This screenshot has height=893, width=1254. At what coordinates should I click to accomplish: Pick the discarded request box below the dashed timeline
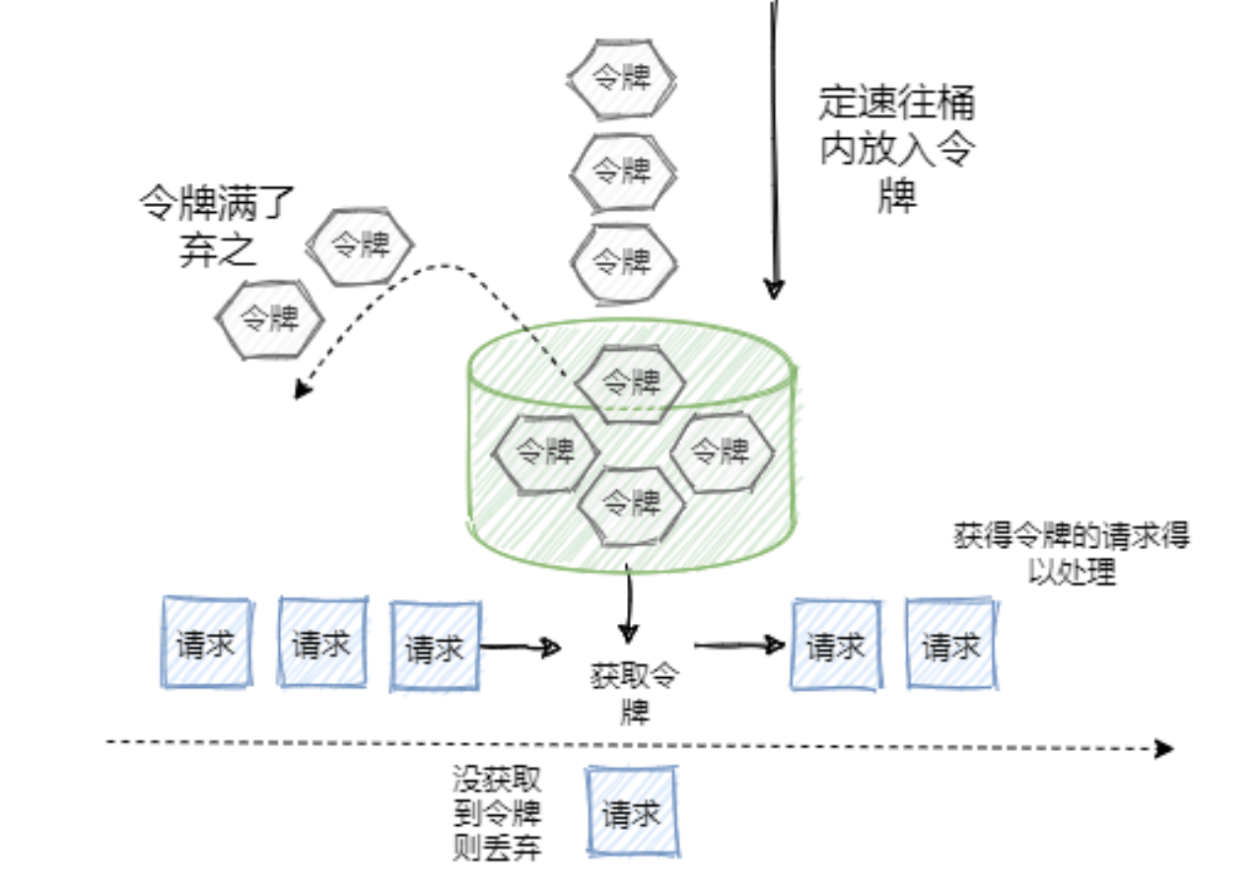(x=632, y=813)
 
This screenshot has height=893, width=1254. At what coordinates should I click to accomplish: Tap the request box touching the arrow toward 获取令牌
(x=435, y=647)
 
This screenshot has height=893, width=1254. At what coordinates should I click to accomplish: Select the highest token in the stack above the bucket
(x=622, y=77)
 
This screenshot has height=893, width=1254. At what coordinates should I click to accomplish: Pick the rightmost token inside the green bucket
(x=721, y=451)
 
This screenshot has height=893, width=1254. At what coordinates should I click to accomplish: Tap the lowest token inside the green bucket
(x=630, y=503)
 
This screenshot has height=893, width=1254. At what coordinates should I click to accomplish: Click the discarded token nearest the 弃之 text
(x=359, y=244)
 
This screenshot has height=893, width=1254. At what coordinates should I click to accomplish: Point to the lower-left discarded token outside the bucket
(x=270, y=317)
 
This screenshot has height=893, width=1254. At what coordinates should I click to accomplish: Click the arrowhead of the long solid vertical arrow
(x=774, y=288)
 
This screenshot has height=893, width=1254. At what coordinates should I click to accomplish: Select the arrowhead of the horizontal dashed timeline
(x=1164, y=748)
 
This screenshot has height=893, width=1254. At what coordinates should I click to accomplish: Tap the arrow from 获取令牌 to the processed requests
(x=739, y=646)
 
